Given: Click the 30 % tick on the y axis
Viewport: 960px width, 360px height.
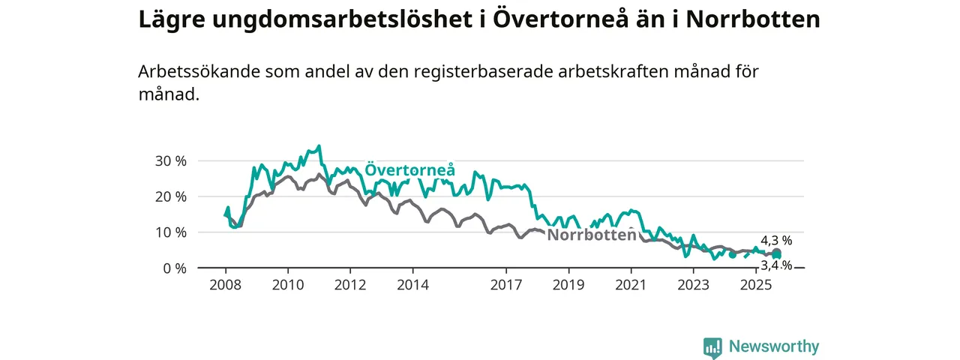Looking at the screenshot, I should point(170,161).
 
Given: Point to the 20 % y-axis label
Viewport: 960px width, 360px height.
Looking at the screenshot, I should point(170,196).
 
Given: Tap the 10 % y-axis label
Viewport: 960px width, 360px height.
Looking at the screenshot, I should point(170,232).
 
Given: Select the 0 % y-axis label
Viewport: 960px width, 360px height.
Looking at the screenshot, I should point(174,268).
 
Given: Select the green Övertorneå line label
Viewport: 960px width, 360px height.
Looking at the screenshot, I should point(410,170).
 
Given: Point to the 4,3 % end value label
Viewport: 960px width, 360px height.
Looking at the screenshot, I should point(776,241).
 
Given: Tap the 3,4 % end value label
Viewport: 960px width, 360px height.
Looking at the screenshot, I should point(776,265).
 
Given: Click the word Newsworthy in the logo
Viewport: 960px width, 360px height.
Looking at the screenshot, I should point(774,346).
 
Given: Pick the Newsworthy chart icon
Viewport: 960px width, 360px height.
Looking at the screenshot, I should point(712,347).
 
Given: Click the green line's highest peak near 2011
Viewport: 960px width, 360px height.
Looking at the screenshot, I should point(319,146).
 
